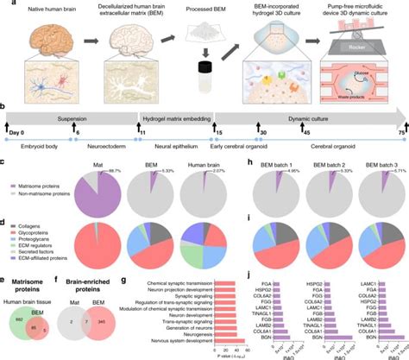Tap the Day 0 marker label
coord(15,130)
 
